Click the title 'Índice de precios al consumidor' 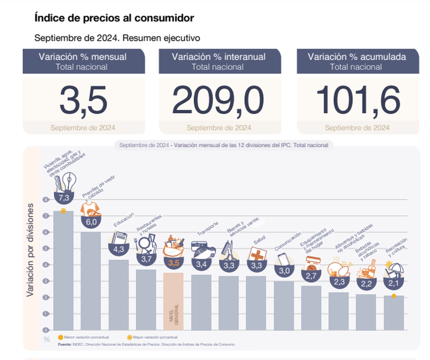114,18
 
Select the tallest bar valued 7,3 63,272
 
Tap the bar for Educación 119,294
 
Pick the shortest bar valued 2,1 394,313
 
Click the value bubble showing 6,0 91,222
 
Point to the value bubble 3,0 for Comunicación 284,271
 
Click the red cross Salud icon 256,254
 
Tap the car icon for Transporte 202,251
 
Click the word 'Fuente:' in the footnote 64,344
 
